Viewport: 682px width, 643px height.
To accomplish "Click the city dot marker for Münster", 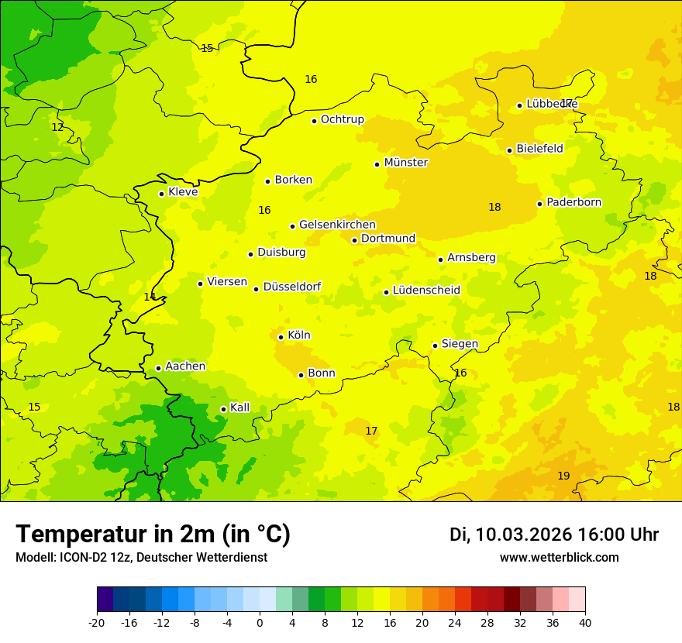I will click(x=377, y=164).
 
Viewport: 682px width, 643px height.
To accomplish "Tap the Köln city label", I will click(x=298, y=335).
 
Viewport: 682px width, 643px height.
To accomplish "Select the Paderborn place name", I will click(x=573, y=202).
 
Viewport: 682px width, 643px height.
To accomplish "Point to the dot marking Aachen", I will click(x=158, y=368).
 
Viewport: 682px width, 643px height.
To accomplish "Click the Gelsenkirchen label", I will click(x=337, y=225).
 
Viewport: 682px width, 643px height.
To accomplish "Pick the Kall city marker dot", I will click(x=223, y=409).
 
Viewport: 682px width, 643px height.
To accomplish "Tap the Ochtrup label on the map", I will click(x=342, y=119).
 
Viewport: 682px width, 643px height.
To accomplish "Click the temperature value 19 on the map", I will click(x=563, y=476).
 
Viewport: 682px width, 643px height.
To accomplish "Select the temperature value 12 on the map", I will click(x=57, y=127).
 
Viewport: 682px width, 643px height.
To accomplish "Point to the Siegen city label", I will click(x=460, y=344).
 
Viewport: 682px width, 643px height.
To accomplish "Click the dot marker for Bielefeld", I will click(x=509, y=150).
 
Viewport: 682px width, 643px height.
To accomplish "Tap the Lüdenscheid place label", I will click(x=426, y=291).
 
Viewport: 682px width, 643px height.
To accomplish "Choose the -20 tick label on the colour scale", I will click(x=97, y=623).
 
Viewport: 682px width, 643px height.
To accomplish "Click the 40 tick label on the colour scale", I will click(x=585, y=623).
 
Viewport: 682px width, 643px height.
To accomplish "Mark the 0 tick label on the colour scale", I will click(x=260, y=623).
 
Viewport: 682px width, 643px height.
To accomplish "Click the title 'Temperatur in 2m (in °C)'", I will click(x=153, y=535).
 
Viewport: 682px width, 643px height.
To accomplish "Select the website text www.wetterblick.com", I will click(x=559, y=558).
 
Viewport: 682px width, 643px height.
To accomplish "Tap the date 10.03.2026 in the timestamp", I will click(x=524, y=535).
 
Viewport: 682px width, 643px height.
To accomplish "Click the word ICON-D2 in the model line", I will click(x=81, y=558).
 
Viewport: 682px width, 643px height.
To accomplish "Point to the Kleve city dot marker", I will click(x=161, y=194).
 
